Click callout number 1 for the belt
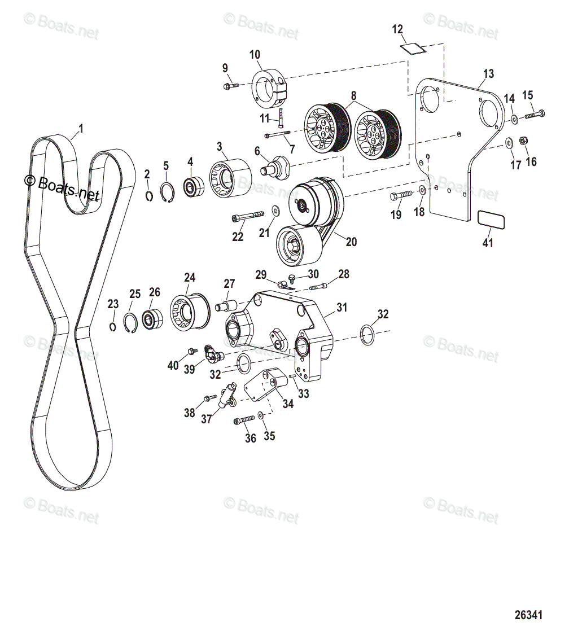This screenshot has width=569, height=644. coord(80,129)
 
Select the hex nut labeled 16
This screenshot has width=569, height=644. coord(523,141)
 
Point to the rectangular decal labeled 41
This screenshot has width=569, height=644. coord(491,220)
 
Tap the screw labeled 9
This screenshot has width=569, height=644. coord(230,86)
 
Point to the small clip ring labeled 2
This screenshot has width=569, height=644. coord(148,195)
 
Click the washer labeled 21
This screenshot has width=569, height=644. coord(275,210)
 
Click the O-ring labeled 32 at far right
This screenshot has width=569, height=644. coord(367,335)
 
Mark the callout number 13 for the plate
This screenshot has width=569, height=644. coord(488,73)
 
